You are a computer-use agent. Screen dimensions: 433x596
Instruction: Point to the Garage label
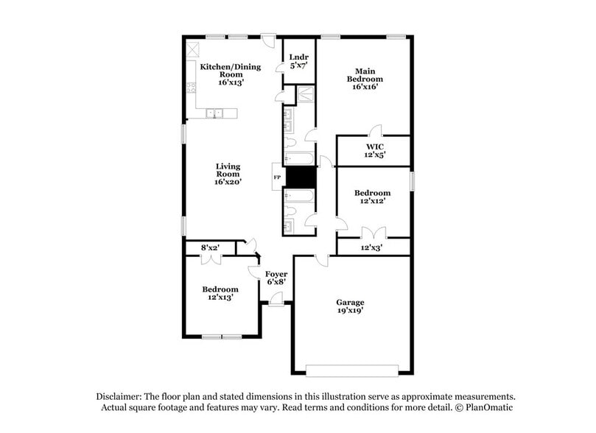[x=350, y=303]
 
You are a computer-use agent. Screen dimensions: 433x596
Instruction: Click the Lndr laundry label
[x=298, y=57]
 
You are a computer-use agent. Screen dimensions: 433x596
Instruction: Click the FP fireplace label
[x=277, y=177]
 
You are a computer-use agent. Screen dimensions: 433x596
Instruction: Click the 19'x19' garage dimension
[x=350, y=311]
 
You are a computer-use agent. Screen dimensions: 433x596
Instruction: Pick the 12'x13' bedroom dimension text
[x=221, y=298]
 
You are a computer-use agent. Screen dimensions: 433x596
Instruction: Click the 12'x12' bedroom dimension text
[x=374, y=201]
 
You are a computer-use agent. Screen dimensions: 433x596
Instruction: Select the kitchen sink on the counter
[x=214, y=113]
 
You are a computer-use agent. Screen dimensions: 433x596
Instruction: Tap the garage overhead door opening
[x=352, y=370]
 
